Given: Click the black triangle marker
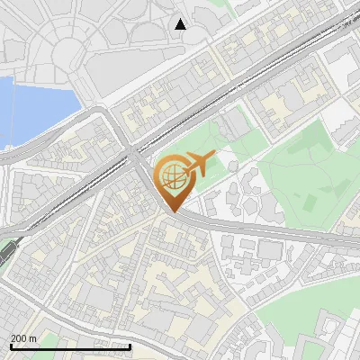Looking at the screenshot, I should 181,23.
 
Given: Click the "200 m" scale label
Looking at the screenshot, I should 23,338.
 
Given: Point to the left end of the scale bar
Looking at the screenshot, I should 11,346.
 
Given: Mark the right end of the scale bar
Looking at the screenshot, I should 130,346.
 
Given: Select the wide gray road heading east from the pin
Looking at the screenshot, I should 270,232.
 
